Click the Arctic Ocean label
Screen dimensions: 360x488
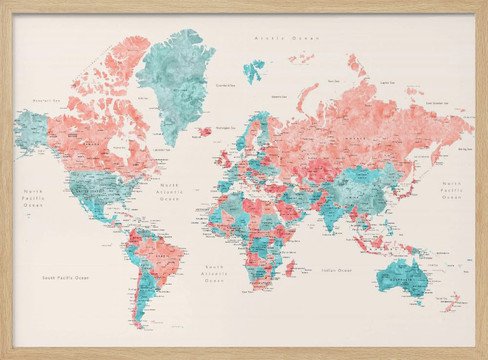coord(286,38)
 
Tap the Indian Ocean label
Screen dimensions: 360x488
coord(336,270)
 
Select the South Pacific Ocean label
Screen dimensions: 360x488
coord(65,278)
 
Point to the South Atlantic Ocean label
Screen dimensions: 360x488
coord(214,274)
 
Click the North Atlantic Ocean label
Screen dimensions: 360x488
coord(170,192)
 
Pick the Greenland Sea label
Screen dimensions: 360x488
coord(225,85)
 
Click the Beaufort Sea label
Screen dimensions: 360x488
coord(46,101)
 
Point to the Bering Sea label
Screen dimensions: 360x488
coord(465,148)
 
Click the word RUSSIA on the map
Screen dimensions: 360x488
coord(355,139)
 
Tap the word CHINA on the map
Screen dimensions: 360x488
coord(351,198)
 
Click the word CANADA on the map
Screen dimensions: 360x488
coord(92,145)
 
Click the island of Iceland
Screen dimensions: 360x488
coord(204,131)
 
